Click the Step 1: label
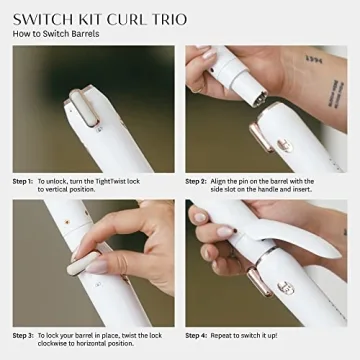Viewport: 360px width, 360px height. [23, 181]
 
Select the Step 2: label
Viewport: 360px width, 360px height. [197, 181]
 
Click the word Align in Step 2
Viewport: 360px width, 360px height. [224, 181]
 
